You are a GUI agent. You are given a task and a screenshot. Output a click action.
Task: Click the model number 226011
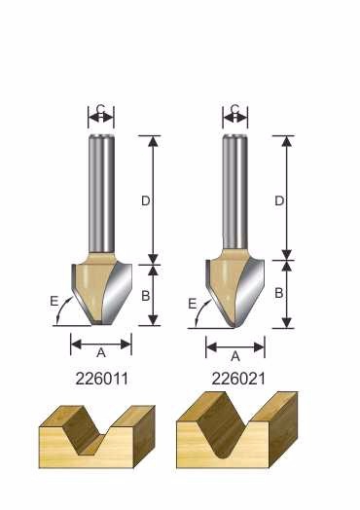102,379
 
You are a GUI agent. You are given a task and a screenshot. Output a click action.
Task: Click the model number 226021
238,379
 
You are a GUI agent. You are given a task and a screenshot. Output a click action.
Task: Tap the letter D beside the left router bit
145,201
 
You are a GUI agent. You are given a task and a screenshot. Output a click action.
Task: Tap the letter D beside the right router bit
279,201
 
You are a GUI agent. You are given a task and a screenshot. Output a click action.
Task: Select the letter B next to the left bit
145,296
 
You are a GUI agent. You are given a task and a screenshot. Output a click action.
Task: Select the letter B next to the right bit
279,293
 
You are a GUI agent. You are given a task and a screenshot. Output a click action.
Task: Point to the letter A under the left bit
101,352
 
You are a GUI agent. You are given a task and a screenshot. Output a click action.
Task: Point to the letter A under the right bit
235,356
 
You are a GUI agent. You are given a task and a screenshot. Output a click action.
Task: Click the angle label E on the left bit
54,301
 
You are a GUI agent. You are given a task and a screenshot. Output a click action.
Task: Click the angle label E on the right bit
193,304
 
